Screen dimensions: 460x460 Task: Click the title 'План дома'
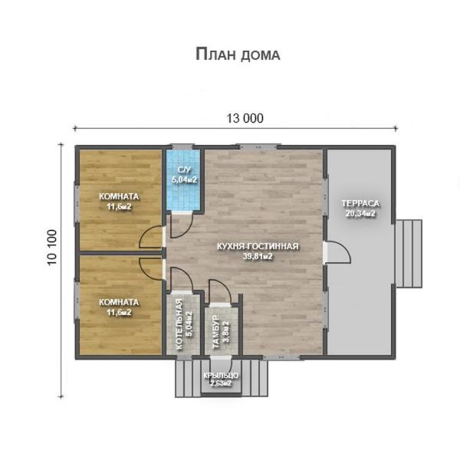click(238, 54)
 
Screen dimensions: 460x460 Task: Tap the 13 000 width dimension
click(245, 118)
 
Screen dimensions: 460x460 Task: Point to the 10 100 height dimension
click(51, 248)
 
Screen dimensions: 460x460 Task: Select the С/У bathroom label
click(184, 170)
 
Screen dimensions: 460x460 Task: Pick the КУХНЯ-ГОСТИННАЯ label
click(258, 246)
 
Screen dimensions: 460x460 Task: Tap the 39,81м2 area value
click(258, 256)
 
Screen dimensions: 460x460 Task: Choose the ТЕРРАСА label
click(360, 203)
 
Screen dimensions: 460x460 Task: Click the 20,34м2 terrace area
click(360, 214)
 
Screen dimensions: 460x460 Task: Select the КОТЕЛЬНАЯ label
click(179, 324)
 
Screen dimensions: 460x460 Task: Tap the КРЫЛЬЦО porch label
click(221, 376)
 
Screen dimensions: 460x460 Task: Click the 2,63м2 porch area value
click(221, 383)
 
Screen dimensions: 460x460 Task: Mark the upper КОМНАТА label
click(119, 196)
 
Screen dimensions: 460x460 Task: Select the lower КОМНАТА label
click(119, 302)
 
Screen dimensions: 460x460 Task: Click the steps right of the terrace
click(409, 254)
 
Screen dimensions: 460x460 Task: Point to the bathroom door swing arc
click(189, 228)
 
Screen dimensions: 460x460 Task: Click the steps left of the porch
click(188, 379)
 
